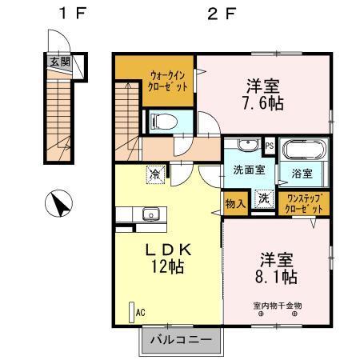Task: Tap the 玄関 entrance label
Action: tap(57, 61)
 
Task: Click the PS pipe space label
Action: tap(270, 146)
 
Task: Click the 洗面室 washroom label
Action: tap(249, 170)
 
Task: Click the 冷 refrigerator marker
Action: tap(154, 171)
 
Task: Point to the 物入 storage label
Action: tap(235, 204)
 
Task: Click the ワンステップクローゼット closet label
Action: tap(305, 204)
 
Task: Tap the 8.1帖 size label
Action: tap(276, 278)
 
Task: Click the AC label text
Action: tap(139, 313)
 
